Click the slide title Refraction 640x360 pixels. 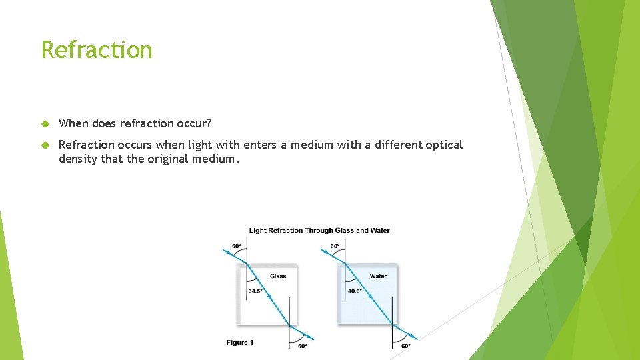click(97, 50)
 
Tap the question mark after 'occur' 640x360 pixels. click(209, 123)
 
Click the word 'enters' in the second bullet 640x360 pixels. click(261, 145)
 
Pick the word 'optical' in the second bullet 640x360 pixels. click(443, 145)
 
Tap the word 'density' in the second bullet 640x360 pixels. click(78, 159)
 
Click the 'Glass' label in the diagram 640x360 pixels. click(278, 276)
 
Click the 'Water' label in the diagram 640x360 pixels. click(378, 276)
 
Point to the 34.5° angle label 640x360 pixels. click(255, 291)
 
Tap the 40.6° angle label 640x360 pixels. click(354, 291)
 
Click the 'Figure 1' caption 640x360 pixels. click(240, 343)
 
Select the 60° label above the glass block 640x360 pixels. click(236, 246)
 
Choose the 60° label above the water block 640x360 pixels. click(335, 246)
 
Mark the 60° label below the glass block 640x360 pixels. click(302, 346)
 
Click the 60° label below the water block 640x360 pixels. click(405, 346)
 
